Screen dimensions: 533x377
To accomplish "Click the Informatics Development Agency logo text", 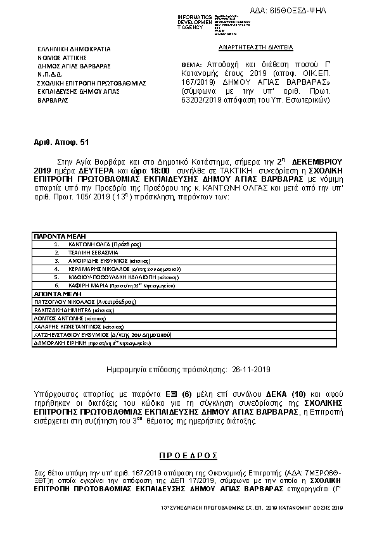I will [x=195, y=22].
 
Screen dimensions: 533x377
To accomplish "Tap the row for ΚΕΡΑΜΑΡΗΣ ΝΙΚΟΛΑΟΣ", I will [x=108, y=268].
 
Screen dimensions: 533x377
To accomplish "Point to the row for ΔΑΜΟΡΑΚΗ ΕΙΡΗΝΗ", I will [x=89, y=343].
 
